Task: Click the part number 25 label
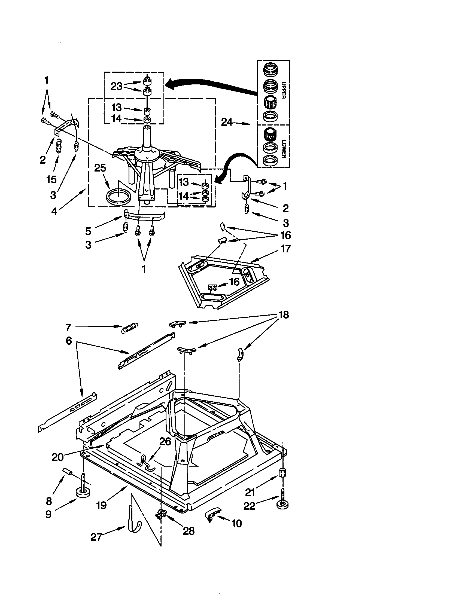100,168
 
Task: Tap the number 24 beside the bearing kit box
227,122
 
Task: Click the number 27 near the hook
96,537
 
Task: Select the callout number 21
250,492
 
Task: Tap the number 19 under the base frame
101,505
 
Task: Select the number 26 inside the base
165,441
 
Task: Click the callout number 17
285,249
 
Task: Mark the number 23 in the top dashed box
117,86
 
